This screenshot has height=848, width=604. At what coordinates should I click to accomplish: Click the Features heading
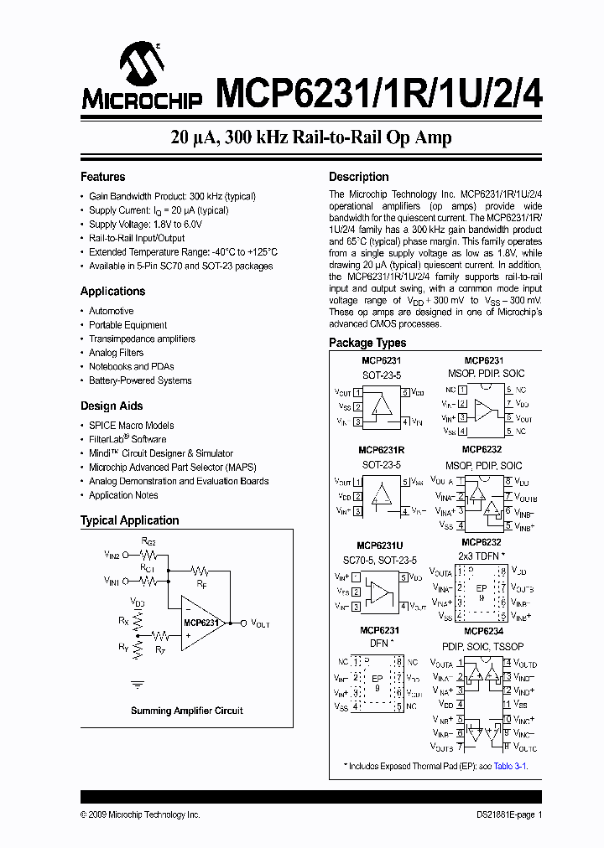(102, 177)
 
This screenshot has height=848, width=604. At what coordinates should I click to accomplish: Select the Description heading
(358, 177)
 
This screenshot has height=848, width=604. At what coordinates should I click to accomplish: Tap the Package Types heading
(367, 343)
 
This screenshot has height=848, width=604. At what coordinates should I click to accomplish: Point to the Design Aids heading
(111, 406)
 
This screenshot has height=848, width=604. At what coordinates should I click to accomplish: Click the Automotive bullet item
(111, 311)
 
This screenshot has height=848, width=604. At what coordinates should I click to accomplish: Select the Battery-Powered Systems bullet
(140, 380)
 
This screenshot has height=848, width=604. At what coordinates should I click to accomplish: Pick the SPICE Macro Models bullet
(132, 425)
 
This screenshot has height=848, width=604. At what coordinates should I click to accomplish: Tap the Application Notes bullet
(123, 495)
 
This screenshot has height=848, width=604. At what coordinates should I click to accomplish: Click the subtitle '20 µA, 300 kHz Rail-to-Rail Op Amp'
(311, 138)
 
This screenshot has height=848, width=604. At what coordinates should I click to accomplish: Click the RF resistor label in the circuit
(201, 582)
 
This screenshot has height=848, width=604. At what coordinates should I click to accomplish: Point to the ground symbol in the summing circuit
(138, 684)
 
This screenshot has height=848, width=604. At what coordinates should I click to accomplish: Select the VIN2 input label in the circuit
(112, 555)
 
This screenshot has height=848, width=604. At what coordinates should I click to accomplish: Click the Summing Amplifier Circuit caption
(186, 711)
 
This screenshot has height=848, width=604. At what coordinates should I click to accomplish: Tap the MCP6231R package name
(382, 450)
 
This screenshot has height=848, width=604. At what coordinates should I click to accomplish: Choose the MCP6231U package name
(382, 545)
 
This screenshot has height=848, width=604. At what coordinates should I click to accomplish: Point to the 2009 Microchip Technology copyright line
(140, 814)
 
